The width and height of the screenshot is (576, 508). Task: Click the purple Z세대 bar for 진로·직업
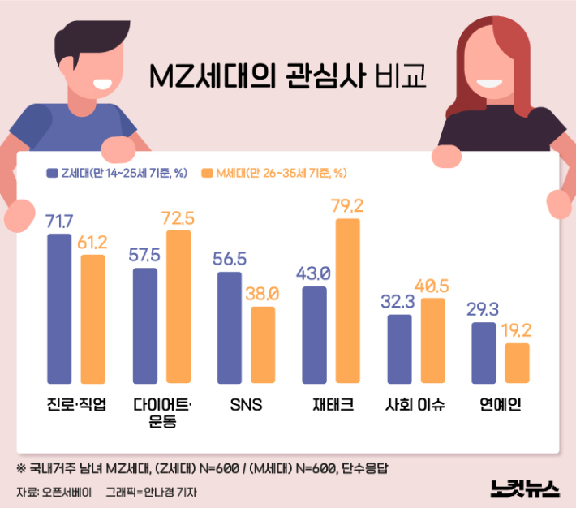coord(59,308)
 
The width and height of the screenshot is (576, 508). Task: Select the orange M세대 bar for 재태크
coord(347,300)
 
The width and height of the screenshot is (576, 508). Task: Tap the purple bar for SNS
coord(230,327)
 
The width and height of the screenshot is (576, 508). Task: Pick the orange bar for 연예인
coord(517,363)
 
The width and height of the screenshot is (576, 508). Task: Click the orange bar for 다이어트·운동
coord(178,306)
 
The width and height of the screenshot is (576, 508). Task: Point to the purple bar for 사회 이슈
coord(399,348)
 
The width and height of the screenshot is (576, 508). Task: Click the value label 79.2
coord(347,206)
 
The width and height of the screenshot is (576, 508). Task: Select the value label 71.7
coord(59,222)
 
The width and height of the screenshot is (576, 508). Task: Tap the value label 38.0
coord(263,294)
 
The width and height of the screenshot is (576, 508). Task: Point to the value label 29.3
coord(484,310)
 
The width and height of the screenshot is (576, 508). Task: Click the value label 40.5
coord(433,286)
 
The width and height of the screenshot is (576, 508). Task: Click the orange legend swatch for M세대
coord(208,172)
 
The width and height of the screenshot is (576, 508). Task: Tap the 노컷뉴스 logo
coord(525,488)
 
